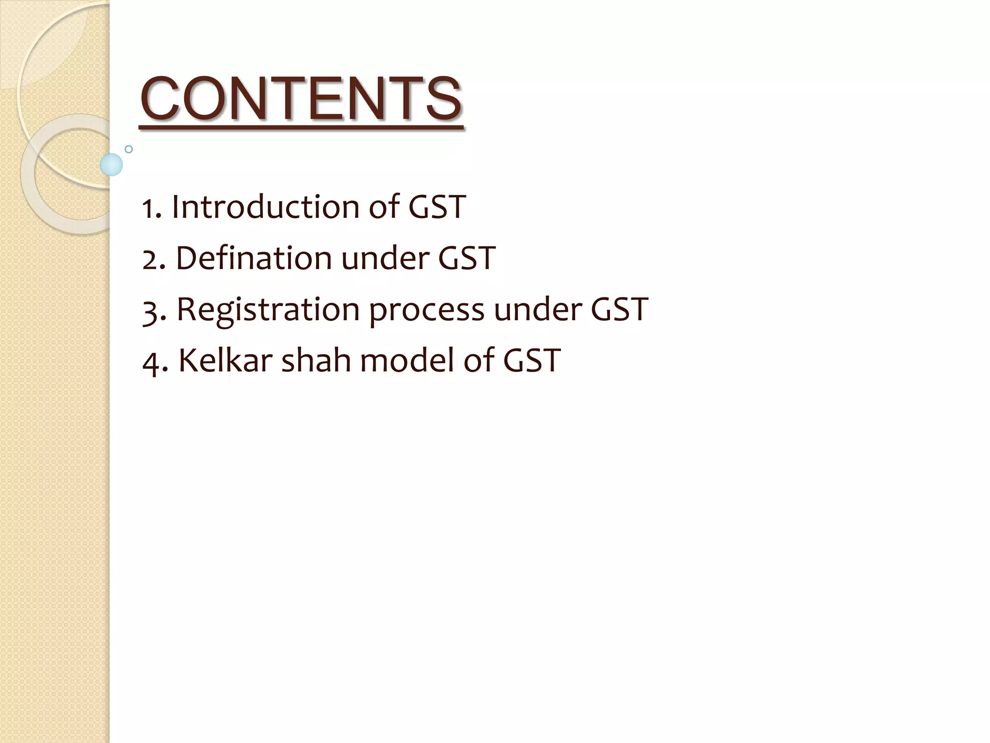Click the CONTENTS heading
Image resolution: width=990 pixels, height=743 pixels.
301,99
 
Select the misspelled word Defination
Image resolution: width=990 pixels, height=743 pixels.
253,258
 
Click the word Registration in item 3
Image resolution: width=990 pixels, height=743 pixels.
268,310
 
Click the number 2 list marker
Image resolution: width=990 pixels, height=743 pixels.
151,260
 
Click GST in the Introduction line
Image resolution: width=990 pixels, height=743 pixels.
437,207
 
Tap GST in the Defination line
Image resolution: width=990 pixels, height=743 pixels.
466,258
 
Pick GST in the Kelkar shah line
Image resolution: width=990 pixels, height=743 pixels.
531,360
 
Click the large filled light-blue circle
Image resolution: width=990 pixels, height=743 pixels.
111,164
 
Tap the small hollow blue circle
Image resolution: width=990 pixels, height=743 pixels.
129,149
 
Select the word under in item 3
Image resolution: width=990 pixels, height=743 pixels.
537,310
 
